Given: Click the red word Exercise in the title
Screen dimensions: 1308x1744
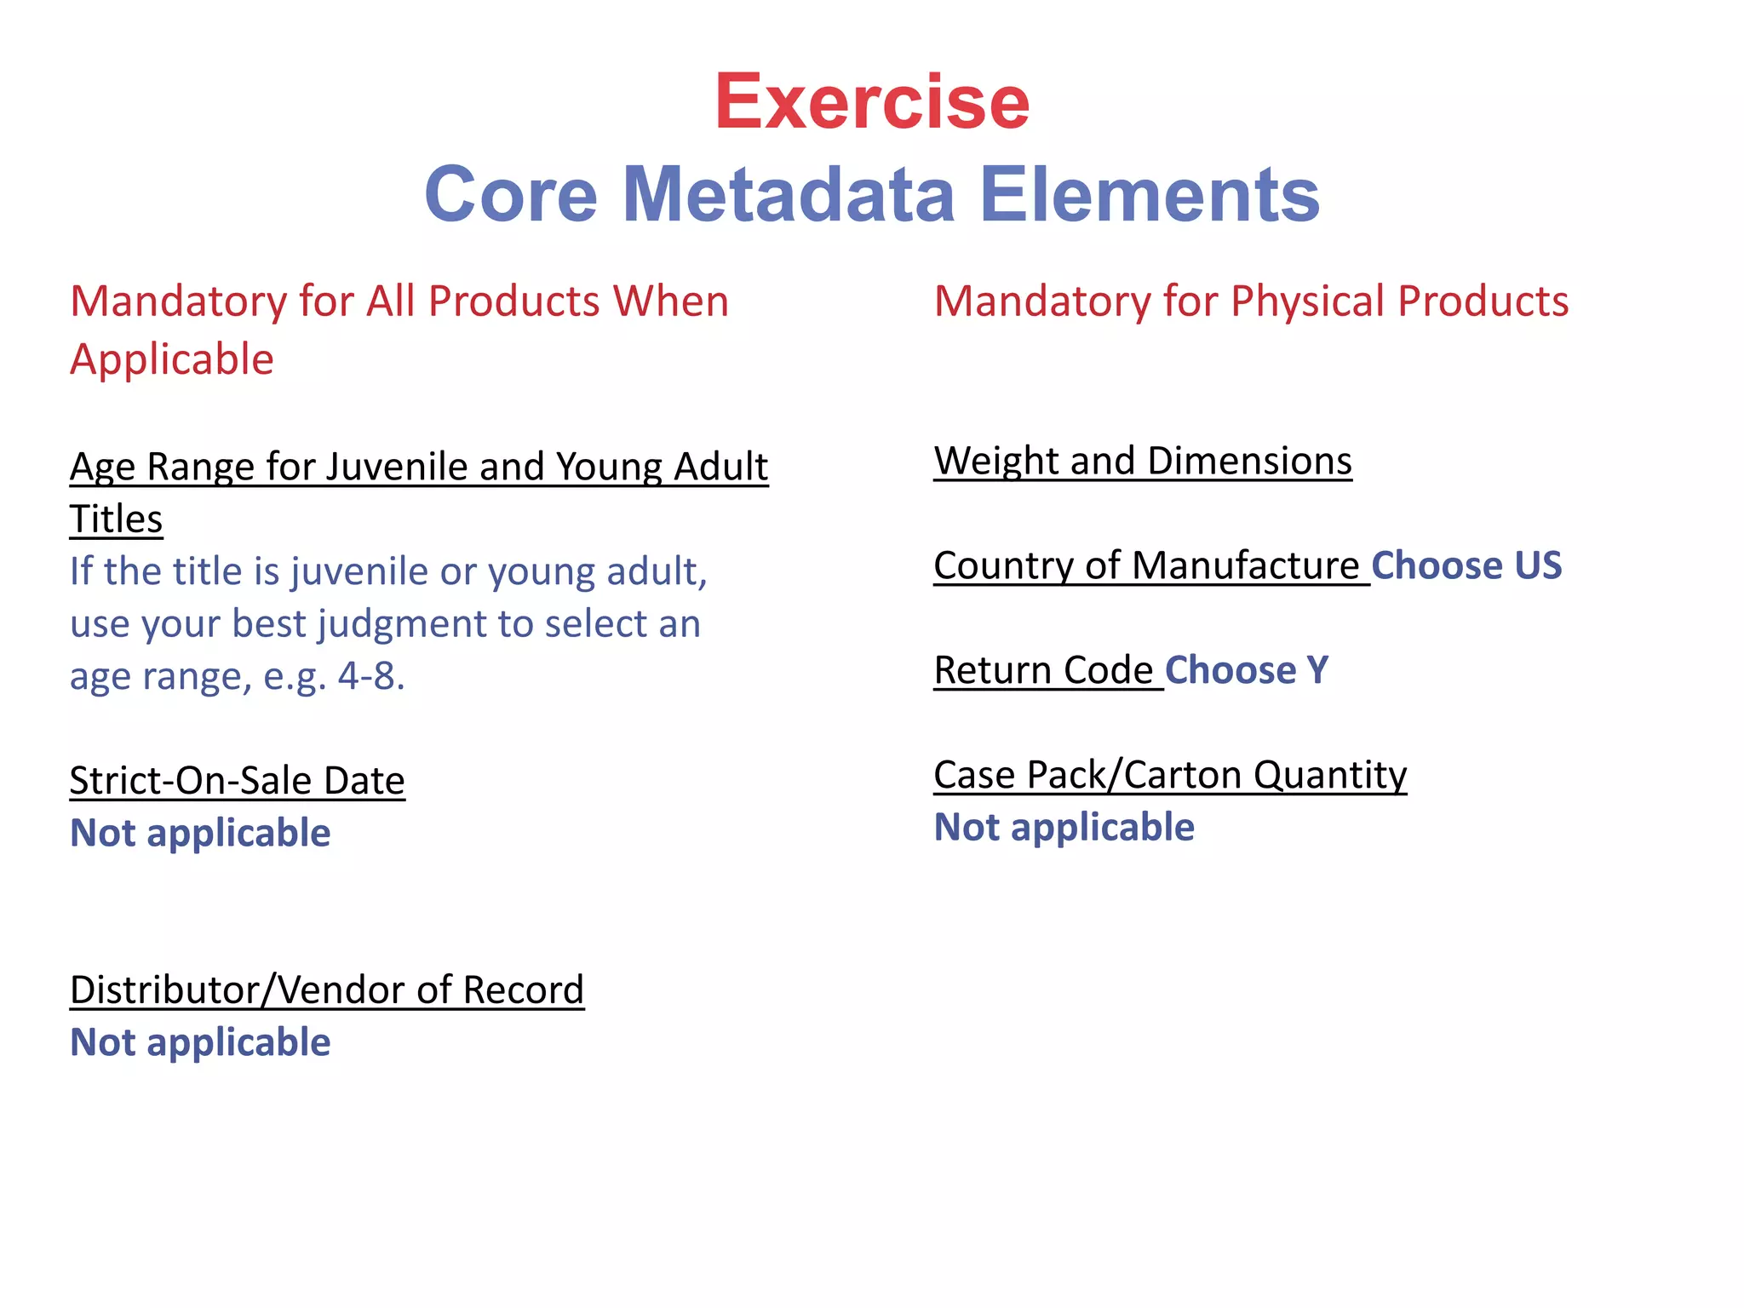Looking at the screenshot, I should (872, 102).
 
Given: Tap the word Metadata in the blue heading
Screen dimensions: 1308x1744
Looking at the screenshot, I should (789, 195).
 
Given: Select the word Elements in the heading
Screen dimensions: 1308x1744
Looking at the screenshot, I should (1149, 195).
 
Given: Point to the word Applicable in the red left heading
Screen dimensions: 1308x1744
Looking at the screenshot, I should (172, 359).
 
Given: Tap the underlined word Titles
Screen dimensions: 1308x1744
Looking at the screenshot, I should (116, 519).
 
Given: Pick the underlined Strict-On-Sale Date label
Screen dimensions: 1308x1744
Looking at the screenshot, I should (237, 781).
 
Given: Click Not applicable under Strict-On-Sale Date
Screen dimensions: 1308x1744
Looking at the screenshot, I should (200, 833).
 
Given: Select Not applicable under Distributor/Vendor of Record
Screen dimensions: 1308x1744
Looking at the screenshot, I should (200, 1043).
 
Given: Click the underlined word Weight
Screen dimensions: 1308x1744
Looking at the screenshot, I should (995, 462).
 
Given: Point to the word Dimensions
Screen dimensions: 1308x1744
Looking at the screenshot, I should (1249, 462).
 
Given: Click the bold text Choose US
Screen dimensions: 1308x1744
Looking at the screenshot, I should (1466, 566).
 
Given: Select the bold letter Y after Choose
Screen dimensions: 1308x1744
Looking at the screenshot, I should (1317, 671).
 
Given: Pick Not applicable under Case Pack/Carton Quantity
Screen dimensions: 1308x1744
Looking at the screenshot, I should (1064, 828).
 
